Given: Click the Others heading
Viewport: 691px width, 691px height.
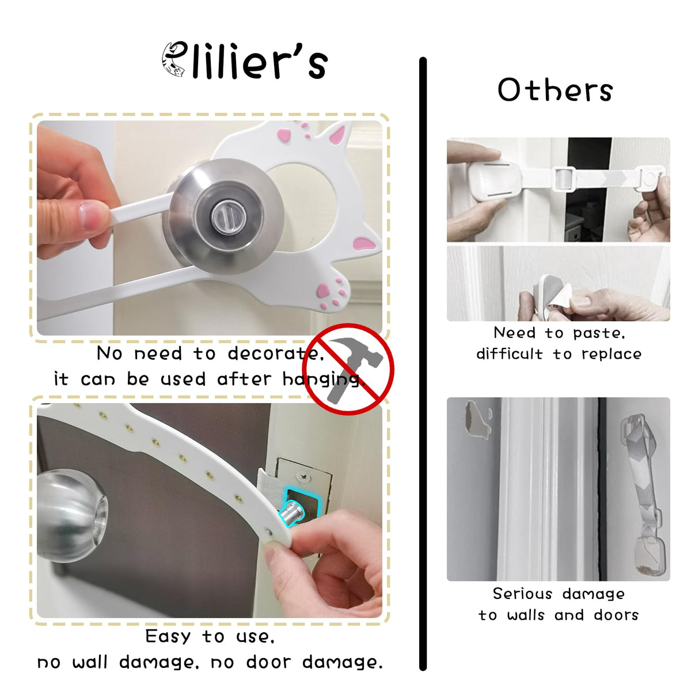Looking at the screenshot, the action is point(555,90).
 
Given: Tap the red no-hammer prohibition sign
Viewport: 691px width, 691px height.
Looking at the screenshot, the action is point(348,369).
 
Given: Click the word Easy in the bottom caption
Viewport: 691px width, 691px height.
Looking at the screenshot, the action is point(168,636).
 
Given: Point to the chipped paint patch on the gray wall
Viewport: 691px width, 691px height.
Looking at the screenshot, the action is point(478,419).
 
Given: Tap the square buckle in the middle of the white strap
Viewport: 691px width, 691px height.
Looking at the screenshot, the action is point(564,178).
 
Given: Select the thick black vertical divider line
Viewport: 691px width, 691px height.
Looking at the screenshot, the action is point(423,363).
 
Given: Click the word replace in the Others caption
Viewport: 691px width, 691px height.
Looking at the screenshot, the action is point(612,355).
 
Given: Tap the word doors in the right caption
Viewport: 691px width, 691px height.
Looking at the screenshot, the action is point(616,615).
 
